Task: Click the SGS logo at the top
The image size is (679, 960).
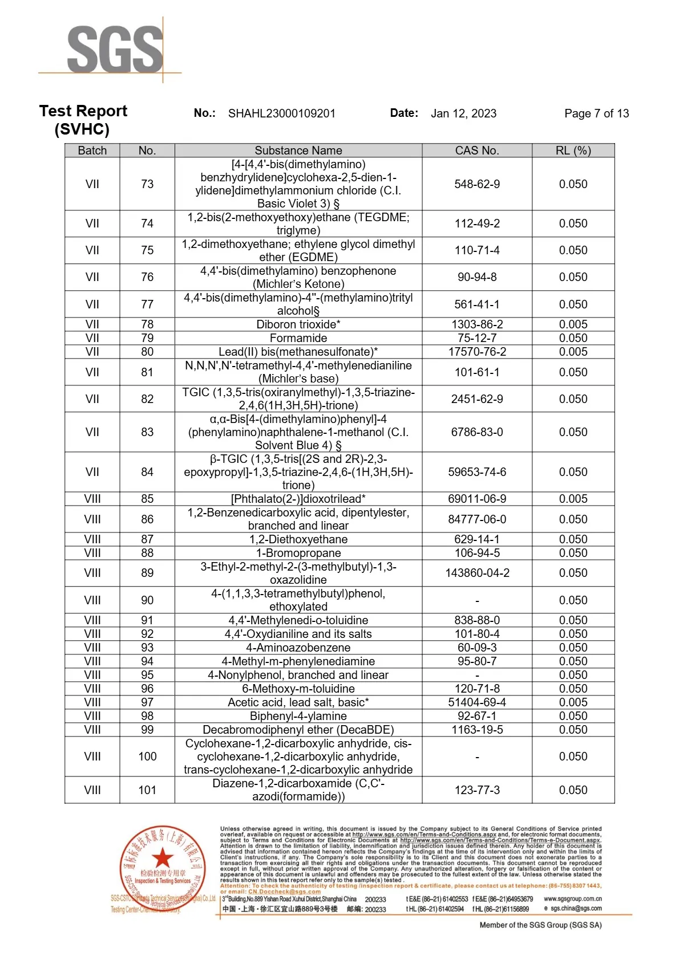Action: point(115,50)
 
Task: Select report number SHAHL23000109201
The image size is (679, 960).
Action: point(282,113)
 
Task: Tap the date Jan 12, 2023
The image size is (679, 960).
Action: point(463,113)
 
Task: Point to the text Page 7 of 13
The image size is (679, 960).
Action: point(596,113)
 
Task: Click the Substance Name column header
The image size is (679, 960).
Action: point(298,150)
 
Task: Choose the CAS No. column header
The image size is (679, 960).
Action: point(477,150)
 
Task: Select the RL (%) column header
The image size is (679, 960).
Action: point(573,150)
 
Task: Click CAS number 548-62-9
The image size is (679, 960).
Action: point(477,184)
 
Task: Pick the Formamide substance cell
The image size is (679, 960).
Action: point(298,338)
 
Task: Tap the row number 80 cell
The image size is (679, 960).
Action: point(147,352)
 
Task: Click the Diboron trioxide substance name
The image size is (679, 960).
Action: point(298,324)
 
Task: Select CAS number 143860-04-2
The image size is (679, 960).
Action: point(477,573)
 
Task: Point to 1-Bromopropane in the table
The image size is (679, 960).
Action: point(298,553)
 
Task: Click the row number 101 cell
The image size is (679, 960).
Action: point(147,790)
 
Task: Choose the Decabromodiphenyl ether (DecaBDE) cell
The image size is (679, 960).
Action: point(298,730)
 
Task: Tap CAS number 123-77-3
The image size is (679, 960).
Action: point(477,790)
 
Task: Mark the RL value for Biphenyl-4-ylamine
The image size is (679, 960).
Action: point(573,716)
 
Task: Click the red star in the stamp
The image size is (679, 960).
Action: point(163,857)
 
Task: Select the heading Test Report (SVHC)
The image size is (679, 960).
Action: point(83,120)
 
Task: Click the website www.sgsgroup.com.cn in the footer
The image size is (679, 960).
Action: point(572,899)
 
